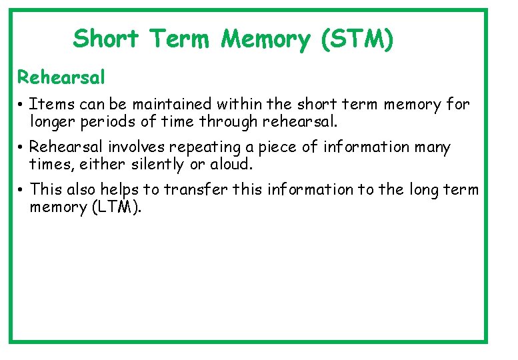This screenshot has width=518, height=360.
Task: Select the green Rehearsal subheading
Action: pos(61,77)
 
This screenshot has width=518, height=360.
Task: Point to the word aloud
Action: pos(231,165)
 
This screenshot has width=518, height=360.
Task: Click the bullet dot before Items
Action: pos(22,105)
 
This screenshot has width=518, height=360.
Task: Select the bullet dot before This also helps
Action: pos(22,191)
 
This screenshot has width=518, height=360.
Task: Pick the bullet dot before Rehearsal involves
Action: pos(22,147)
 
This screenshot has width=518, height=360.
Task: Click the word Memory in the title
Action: pos(266,39)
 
